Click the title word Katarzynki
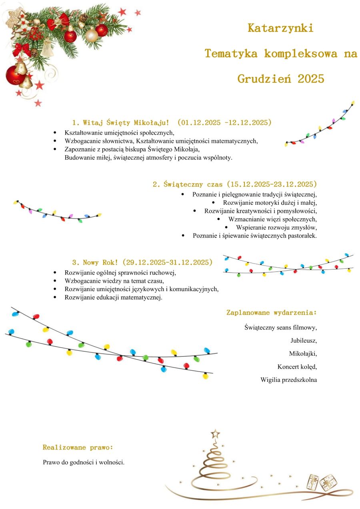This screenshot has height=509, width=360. (280, 28)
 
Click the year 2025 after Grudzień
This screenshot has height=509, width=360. (311, 79)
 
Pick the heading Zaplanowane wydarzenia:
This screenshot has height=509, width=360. (272, 312)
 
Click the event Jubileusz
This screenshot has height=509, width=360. (304, 341)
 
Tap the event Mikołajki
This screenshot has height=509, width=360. (303, 353)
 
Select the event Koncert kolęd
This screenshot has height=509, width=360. (297, 367)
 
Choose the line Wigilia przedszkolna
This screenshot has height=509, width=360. (288, 380)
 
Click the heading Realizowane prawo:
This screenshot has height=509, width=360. (78, 447)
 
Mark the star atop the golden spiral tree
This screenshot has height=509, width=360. (216, 433)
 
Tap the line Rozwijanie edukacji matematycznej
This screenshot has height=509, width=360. (114, 297)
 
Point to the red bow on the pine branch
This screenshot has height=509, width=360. (21, 50)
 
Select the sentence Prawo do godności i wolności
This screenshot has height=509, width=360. (84, 462)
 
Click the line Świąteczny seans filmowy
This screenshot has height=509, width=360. (280, 327)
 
